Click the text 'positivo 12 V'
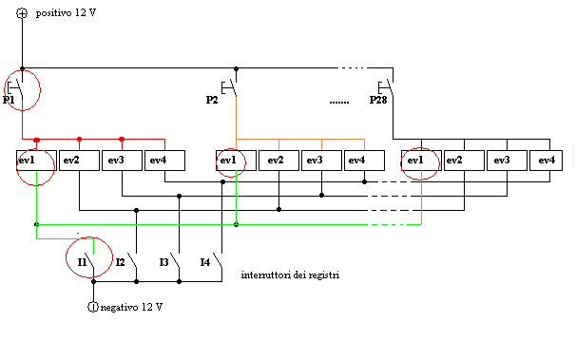pyautogui.click(x=66, y=16)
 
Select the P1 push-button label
pyautogui.click(x=10, y=99)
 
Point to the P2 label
pyautogui.click(x=213, y=99)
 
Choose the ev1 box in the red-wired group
pyautogui.click(x=36, y=161)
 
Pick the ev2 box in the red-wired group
pyautogui.click(x=79, y=161)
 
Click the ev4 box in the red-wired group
pyautogui.click(x=164, y=161)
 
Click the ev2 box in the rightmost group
pyautogui.click(x=465, y=161)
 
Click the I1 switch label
pyautogui.click(x=83, y=260)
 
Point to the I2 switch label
pyautogui.click(x=121, y=260)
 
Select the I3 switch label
pyautogui.click(x=163, y=260)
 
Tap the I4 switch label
pyautogui.click(x=204, y=260)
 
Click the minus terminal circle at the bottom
pyautogui.click(x=93, y=306)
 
